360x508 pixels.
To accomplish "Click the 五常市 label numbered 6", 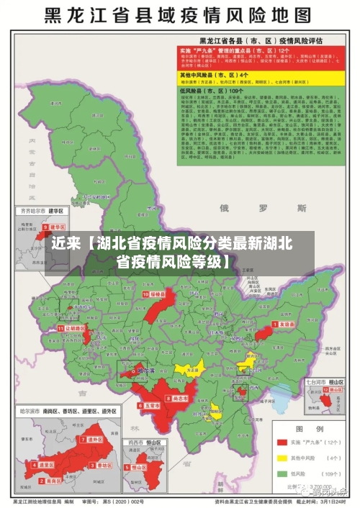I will (x=150, y=406).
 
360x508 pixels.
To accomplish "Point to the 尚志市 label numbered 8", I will (x=179, y=397).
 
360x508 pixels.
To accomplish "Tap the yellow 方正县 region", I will (x=190, y=368).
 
